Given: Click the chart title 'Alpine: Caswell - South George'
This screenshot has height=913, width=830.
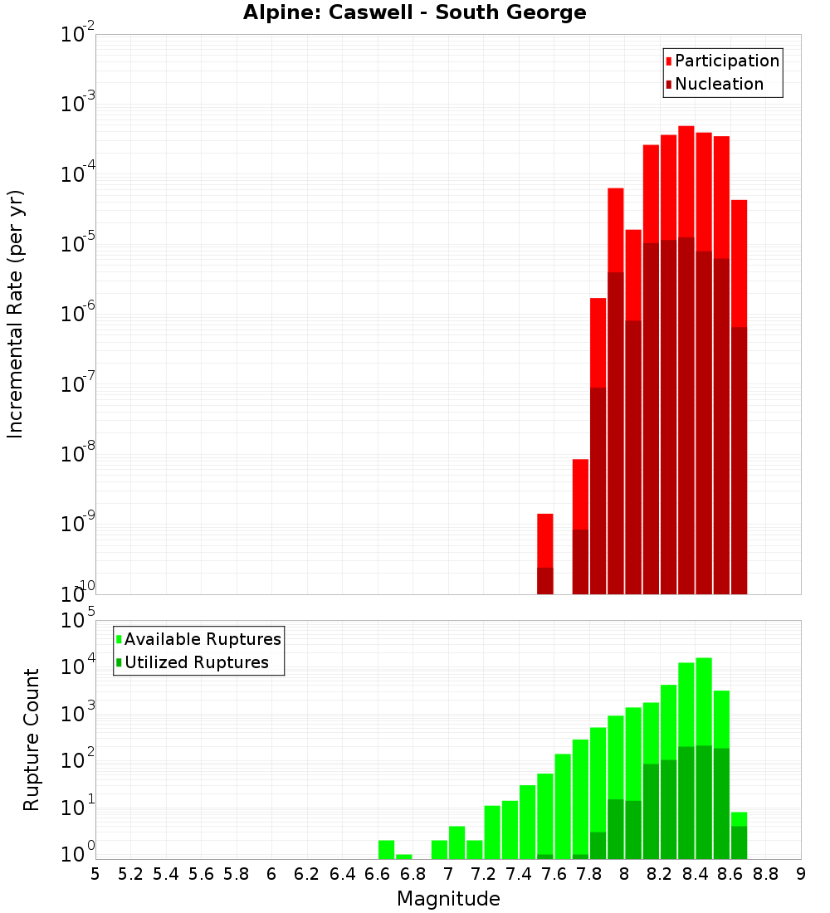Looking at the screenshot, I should [x=414, y=13].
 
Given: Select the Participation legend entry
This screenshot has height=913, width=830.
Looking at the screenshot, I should [x=722, y=61].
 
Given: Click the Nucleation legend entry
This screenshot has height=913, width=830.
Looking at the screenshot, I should [x=714, y=85].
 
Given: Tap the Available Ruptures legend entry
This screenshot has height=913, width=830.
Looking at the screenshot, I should [x=198, y=639].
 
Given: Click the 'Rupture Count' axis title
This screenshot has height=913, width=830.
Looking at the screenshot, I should [x=32, y=740].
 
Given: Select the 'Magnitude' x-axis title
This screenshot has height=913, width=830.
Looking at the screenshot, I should [x=448, y=899].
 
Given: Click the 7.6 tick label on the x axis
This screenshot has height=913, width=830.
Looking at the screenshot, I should [x=554, y=873].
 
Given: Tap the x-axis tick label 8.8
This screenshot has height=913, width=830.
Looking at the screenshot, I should [x=765, y=873].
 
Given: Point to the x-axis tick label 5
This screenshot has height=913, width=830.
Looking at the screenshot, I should [x=95, y=873].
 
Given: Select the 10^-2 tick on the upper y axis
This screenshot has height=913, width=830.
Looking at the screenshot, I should [x=77, y=35].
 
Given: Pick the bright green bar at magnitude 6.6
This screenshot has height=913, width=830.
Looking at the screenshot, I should [x=386, y=849].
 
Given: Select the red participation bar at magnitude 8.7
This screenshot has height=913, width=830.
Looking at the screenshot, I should [x=739, y=261].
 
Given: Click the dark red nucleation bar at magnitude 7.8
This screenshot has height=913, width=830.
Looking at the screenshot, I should [x=598, y=490].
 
